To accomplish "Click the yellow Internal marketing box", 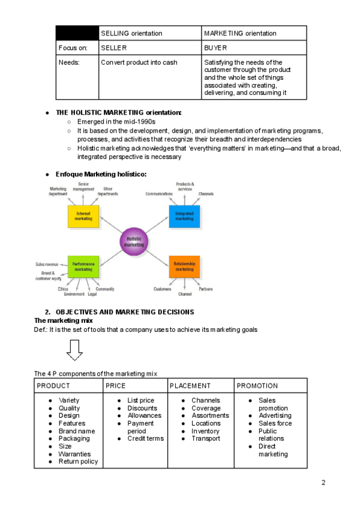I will point(83,216).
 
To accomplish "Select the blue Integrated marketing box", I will point(184,216).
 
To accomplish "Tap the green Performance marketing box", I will point(83,267).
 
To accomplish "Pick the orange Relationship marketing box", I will point(184,267).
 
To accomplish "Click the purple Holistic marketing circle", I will point(134,241).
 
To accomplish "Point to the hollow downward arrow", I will point(74,350).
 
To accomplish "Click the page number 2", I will point(323,483).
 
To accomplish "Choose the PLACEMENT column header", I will point(190,386).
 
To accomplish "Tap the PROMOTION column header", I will point(257,386).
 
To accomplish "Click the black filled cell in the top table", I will point(77,33).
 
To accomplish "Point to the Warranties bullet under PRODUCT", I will point(74,454).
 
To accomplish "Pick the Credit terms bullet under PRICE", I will point(145,439).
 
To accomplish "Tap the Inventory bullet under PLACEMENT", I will point(205,431).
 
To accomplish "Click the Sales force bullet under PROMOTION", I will point(275,423).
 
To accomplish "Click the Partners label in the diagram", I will point(206,289).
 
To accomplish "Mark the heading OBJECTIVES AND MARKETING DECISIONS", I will point(125,312).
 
